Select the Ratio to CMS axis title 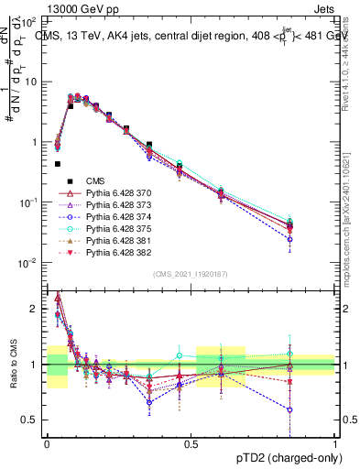click(12, 366)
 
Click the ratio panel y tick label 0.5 click(30, 420)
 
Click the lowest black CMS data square click(58, 164)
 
